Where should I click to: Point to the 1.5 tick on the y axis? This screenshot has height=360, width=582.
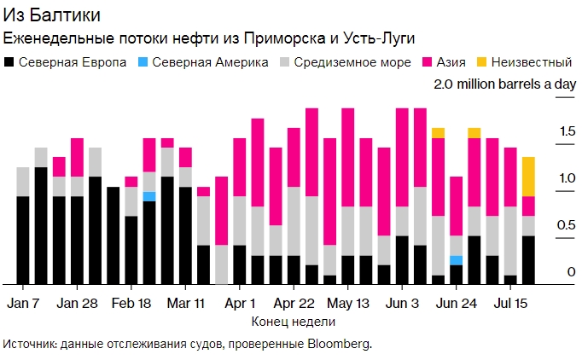pos(544,131)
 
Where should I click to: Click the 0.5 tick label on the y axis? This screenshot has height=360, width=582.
pos(544,224)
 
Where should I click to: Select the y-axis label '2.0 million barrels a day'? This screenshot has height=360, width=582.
pos(504,84)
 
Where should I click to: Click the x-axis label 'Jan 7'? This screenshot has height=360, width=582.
pos(23,303)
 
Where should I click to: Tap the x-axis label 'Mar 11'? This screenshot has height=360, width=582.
pos(186,303)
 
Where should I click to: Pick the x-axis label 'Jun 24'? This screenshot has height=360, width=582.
pos(456,303)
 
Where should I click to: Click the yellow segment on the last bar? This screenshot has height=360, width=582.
pos(529,177)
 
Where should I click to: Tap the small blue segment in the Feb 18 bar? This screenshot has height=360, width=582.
pos(149,196)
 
